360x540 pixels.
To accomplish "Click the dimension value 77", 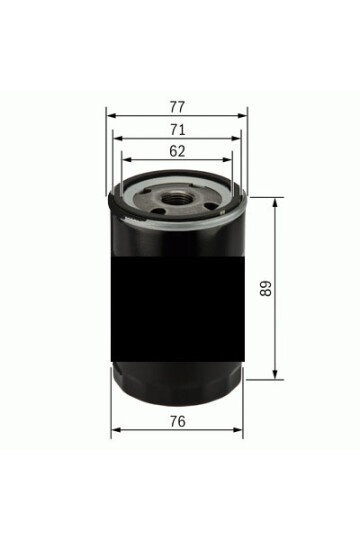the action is point(177,107).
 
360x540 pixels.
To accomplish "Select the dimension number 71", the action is point(178,129).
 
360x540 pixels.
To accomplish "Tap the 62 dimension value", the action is point(177,151).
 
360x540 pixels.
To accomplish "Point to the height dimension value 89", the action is point(266,288).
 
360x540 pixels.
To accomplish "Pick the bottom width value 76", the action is point(177,421).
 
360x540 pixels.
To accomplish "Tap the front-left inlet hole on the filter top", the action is point(158,211).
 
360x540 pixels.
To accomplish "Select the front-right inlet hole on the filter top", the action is point(211,206).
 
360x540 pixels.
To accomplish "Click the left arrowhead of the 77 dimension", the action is point(111,116).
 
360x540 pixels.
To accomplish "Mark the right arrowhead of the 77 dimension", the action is point(243,116).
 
